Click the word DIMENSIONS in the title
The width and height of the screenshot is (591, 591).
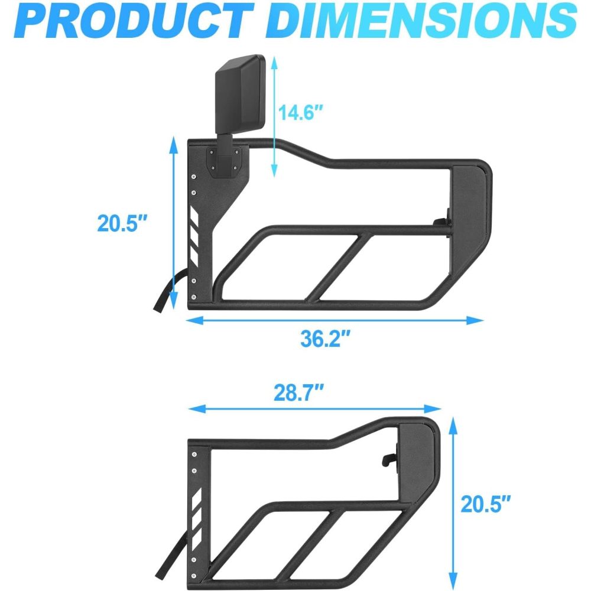[424, 21]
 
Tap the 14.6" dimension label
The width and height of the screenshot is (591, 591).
[300, 112]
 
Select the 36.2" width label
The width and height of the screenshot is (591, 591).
[326, 339]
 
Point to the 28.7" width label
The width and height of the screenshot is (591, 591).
[298, 393]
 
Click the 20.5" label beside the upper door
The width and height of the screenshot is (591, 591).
[122, 223]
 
